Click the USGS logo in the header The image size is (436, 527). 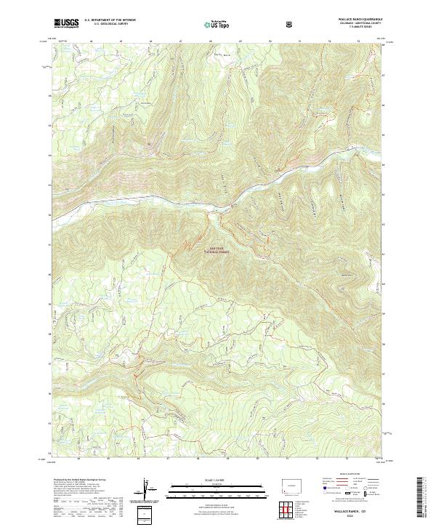66,23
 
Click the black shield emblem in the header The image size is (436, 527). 291,23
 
